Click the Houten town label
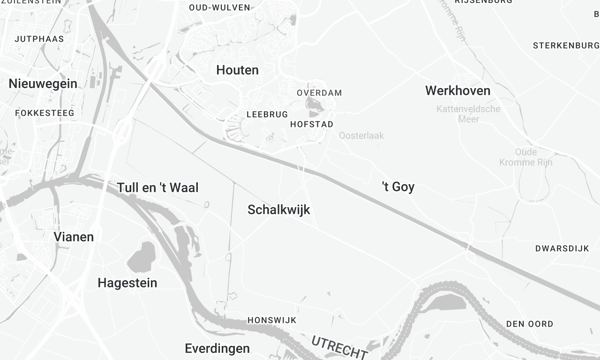click(237, 70)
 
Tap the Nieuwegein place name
click(42, 83)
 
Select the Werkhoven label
click(457, 90)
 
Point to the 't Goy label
click(398, 186)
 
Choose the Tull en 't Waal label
click(159, 187)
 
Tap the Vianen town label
click(73, 237)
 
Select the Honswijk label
click(272, 320)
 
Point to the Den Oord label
click(529, 323)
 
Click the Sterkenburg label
click(565, 45)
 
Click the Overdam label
click(319, 92)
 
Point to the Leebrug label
click(267, 114)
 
